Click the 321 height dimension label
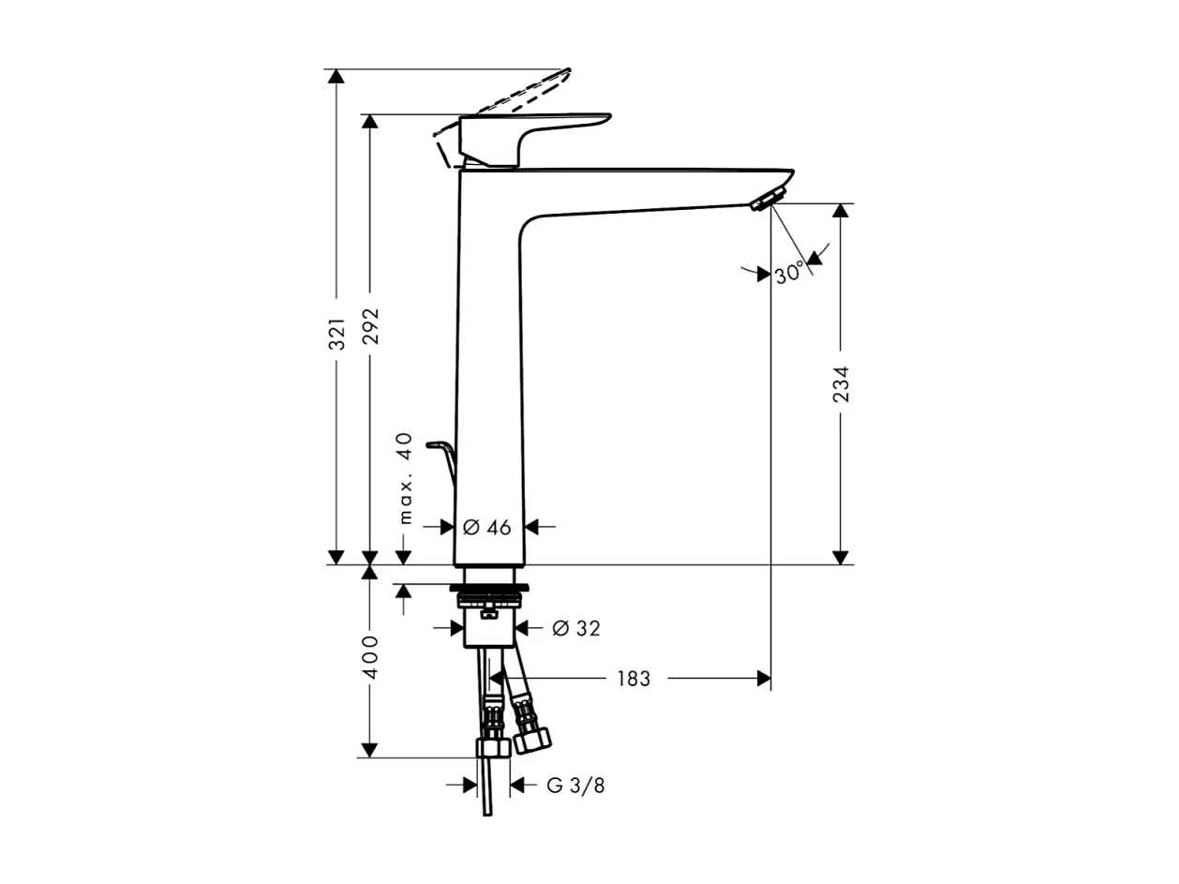[337, 334]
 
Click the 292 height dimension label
[371, 326]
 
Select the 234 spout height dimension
[841, 384]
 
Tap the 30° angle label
[789, 274]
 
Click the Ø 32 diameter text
[576, 629]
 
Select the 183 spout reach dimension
[634, 679]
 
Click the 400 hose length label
[371, 657]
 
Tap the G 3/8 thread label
[576, 786]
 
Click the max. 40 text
[405, 477]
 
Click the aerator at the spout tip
[769, 199]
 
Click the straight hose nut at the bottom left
[492, 747]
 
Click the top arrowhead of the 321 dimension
[336, 76]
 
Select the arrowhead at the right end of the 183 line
[764, 678]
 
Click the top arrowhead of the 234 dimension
[841, 211]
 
